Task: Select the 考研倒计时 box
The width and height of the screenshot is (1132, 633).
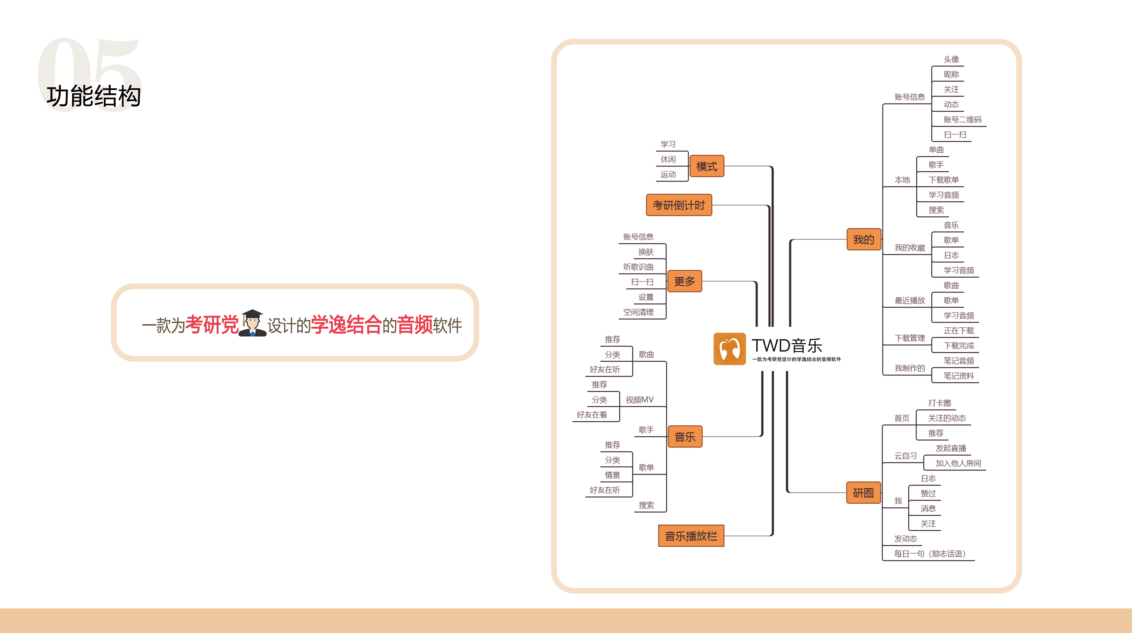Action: (x=679, y=205)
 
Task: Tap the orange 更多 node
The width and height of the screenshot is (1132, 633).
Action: (x=684, y=281)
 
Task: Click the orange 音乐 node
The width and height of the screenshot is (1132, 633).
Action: (x=685, y=437)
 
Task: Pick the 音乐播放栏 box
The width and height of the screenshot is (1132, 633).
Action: (x=691, y=536)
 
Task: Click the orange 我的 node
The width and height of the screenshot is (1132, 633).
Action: (x=863, y=239)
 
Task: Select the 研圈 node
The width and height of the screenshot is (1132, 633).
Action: (x=863, y=493)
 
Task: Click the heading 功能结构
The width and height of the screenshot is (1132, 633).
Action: (x=94, y=96)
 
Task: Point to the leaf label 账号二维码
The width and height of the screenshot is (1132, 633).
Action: (x=962, y=119)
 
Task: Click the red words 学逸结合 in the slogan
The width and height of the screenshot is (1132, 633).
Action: (x=346, y=325)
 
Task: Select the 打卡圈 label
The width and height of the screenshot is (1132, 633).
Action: (x=939, y=403)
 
